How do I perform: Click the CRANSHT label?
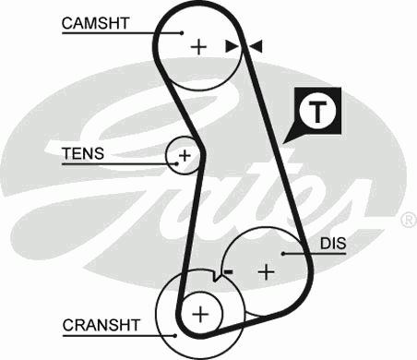(x=101, y=325)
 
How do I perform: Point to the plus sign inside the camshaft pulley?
(x=198, y=44)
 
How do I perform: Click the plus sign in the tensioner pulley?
(x=184, y=155)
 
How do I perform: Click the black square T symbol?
(x=318, y=112)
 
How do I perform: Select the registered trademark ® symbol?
(x=407, y=221)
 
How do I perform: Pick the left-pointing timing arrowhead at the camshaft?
(x=256, y=45)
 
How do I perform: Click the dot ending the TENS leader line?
(x=173, y=165)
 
